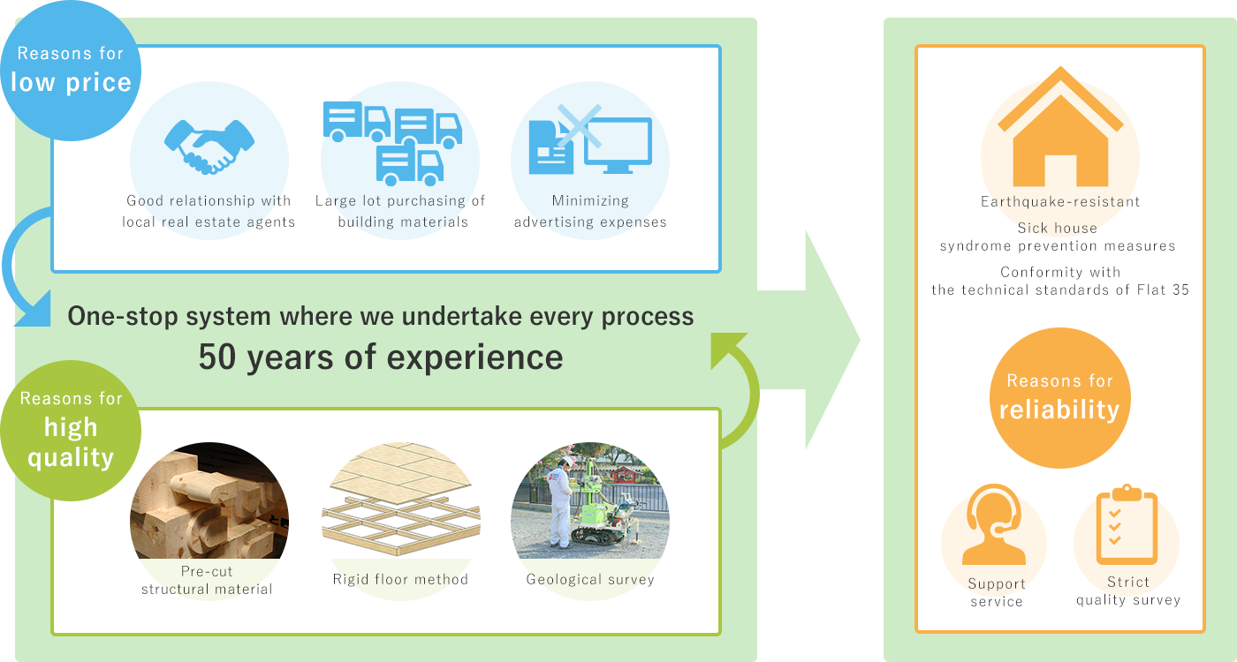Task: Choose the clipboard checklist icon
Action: [1127, 524]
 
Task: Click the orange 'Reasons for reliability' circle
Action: [1059, 397]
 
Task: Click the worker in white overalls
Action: [559, 503]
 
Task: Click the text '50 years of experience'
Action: [381, 357]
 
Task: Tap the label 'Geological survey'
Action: [590, 580]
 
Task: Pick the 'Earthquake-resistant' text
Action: [1060, 201]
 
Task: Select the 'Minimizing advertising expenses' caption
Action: [590, 212]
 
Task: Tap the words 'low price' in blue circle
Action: [71, 83]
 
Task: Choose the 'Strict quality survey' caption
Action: [1128, 591]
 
